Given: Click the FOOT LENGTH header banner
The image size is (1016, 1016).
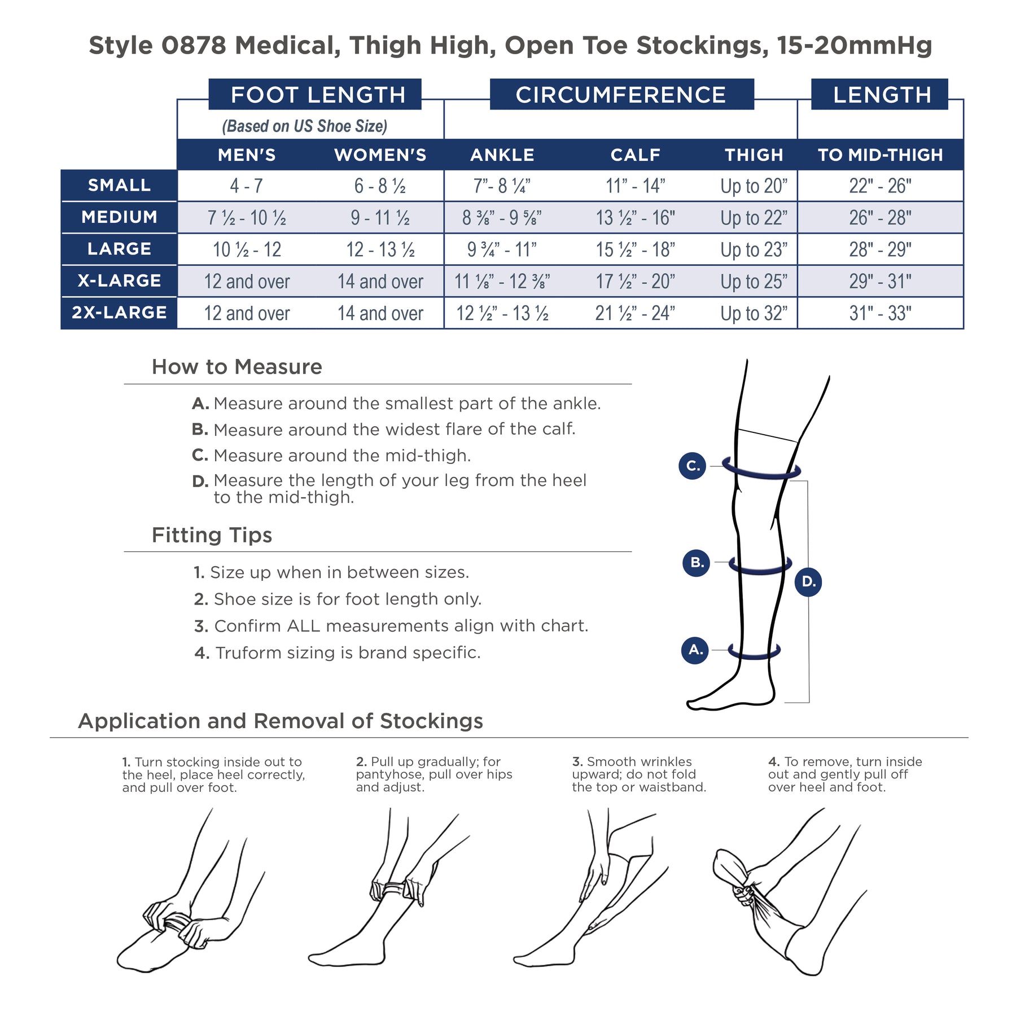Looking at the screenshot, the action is point(315,94).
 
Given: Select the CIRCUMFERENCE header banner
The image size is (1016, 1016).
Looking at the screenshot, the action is point(621,94).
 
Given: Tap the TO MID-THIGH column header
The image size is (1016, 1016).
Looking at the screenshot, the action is point(881,155).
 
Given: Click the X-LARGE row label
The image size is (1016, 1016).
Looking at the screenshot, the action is point(119,281).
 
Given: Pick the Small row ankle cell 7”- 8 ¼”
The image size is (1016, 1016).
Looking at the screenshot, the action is point(502,186).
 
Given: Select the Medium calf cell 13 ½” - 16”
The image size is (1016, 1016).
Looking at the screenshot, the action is point(636,217).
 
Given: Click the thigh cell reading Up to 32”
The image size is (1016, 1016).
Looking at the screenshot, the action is point(754,313).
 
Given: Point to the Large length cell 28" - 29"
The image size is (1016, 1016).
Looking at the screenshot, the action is point(881,249).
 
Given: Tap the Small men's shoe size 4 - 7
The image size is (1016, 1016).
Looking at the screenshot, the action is point(247,186).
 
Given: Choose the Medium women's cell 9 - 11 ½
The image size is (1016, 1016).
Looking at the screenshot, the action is point(380,217).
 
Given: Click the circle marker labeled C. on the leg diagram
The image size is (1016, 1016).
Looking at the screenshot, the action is point(693,466).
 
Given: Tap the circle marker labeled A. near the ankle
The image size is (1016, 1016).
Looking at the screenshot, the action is point(695,650).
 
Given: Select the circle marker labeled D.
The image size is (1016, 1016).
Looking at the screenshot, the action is point(808,582).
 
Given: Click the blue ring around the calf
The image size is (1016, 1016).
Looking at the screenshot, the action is point(760,572).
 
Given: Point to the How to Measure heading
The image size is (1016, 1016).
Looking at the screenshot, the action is point(237,367).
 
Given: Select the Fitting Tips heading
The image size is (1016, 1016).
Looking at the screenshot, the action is point(212,535).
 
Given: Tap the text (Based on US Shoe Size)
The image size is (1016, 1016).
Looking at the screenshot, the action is point(305,126).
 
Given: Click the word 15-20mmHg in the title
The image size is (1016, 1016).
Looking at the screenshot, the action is point(855,46).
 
